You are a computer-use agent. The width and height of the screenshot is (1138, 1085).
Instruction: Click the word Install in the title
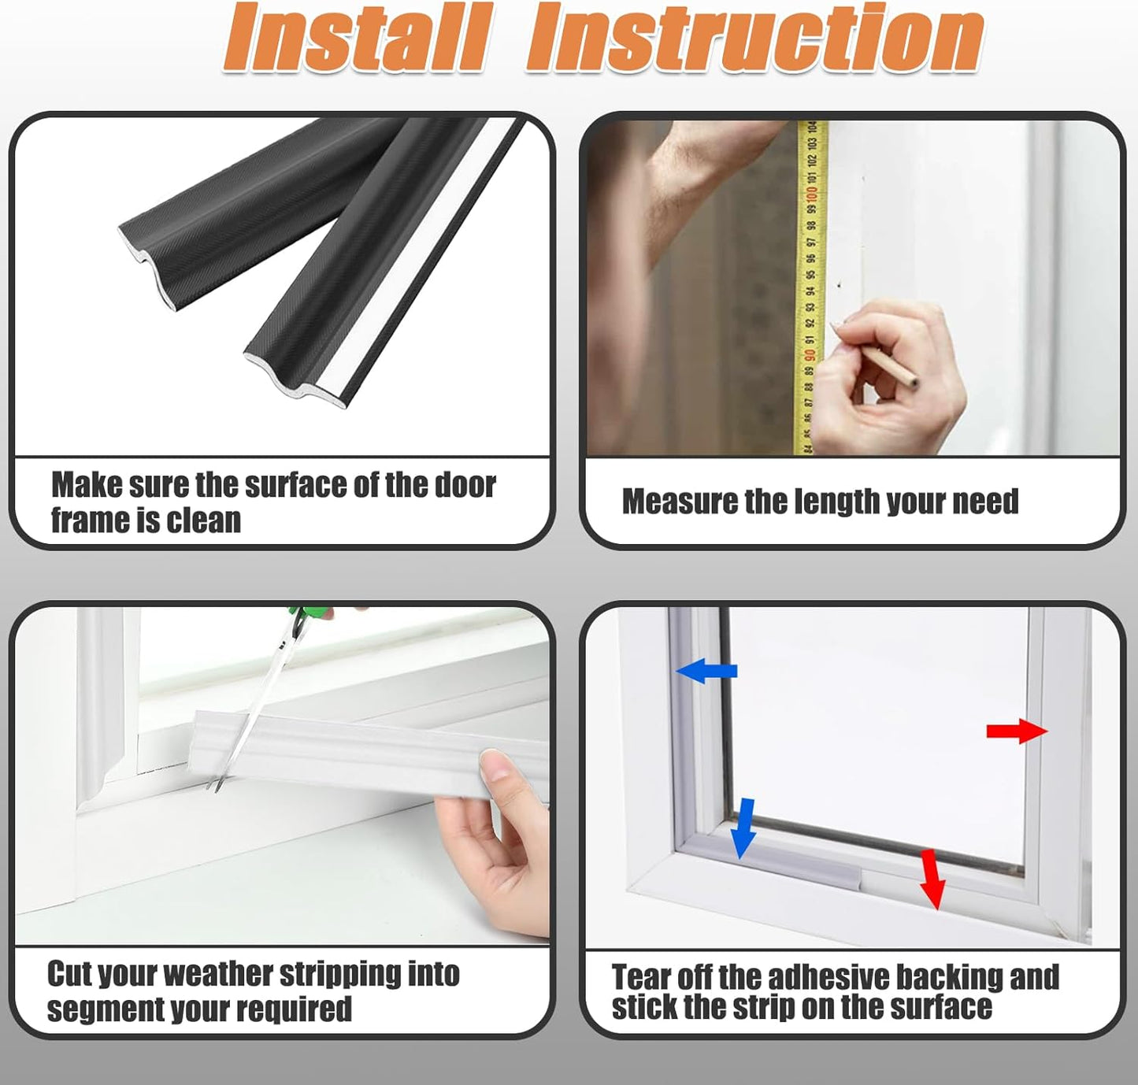point(355,38)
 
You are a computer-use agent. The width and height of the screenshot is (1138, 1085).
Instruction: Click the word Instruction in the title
point(754,38)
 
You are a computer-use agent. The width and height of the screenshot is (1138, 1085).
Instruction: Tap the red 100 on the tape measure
point(811,191)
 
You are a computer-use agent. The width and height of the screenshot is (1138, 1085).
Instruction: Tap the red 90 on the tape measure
point(810,354)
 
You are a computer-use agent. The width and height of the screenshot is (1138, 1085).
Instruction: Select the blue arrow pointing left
point(706,671)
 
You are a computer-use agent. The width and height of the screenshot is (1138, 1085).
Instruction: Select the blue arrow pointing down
point(743,828)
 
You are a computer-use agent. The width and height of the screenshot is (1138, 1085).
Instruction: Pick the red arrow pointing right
point(1017,731)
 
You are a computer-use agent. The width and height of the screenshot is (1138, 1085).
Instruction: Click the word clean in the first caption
point(204,520)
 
